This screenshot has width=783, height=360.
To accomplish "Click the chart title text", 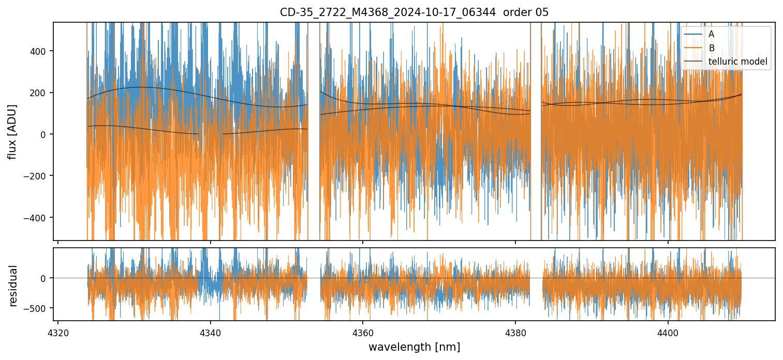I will coord(414,12).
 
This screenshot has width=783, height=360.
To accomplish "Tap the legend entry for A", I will coord(711,34).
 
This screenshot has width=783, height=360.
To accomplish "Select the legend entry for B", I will coord(711,48).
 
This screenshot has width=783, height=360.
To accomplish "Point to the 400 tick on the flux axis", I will coord(41,51).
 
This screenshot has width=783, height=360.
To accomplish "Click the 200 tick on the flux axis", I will coord(41,93).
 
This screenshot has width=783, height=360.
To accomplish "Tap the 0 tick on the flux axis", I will coord(45,134).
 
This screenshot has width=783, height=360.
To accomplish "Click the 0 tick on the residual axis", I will coord(45,278).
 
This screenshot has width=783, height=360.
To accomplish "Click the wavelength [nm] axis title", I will coord(414,347).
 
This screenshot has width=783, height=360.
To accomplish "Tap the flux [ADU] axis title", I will coord(12,131).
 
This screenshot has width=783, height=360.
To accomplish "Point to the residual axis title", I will coord(13,286).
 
